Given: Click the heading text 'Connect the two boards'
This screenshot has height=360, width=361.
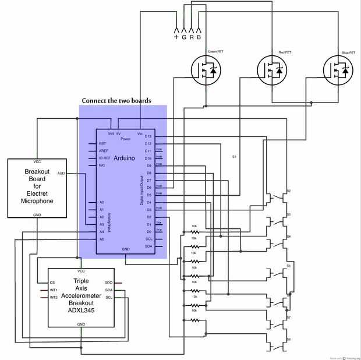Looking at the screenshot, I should coord(116,100).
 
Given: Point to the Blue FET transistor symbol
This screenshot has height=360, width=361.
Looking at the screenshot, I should coord(338,70).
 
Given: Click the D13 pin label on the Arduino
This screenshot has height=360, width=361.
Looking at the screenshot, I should coord(148,136).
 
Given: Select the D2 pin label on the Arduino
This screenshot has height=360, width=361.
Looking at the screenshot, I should coord(148,217).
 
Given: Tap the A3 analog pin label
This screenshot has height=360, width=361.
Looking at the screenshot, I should coord(101,224).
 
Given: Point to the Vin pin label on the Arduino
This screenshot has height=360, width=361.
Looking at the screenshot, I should coord(140,133).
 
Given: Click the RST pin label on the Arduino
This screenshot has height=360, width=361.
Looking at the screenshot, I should coord(102,143).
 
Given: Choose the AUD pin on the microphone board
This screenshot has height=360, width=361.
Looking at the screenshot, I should coord(61,174).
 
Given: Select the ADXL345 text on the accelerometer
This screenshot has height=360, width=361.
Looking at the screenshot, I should coord(81,309).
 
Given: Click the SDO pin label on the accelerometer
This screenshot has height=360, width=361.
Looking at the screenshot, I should coord(108,283).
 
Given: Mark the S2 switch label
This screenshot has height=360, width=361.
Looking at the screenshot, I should coord(288,192).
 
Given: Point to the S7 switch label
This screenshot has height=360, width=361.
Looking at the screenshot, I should coord(288,317).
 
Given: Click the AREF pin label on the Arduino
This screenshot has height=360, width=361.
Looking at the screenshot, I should coord(103,151).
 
